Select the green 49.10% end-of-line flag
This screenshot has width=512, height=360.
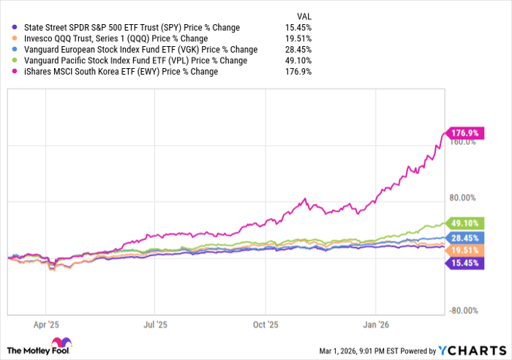(x=464, y=223)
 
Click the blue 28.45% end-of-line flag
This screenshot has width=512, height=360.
(x=464, y=238)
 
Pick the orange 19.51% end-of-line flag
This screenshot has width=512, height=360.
(x=464, y=250)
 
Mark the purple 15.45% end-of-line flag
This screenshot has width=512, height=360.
(x=464, y=263)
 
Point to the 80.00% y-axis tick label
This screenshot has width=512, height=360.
(x=462, y=198)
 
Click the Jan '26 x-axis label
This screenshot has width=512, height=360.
(x=376, y=322)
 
